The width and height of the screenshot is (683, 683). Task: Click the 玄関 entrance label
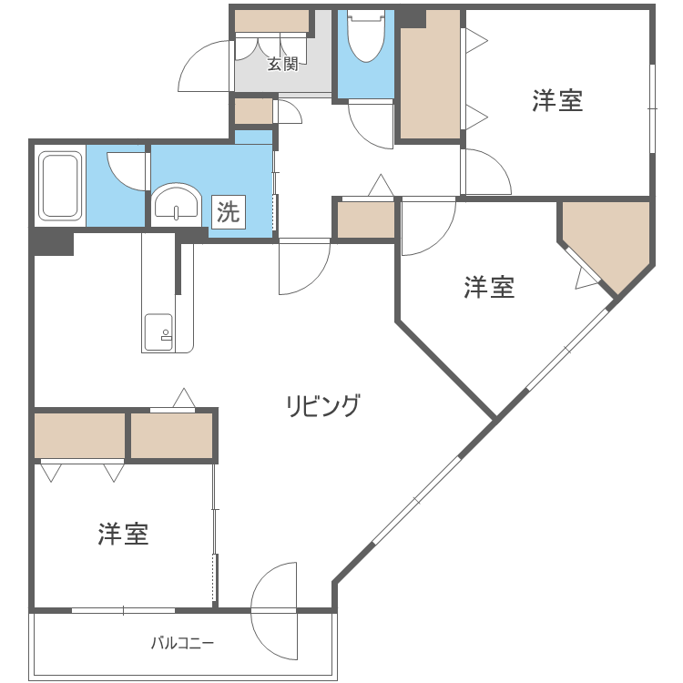tap(282, 65)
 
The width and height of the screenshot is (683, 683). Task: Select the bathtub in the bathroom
tap(60, 186)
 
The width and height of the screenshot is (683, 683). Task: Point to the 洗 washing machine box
tap(228, 212)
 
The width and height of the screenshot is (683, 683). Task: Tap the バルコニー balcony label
tap(182, 643)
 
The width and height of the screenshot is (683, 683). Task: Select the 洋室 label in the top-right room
tap(557, 101)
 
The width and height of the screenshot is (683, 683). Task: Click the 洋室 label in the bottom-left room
tap(123, 535)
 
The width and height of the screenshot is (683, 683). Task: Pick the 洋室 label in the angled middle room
tap(489, 288)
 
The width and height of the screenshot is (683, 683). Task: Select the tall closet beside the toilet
tap(430, 75)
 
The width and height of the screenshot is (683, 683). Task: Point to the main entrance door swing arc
tap(203, 68)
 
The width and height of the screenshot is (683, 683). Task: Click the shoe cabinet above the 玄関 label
tap(271, 21)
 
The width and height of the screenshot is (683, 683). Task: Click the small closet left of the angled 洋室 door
tap(365, 219)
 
